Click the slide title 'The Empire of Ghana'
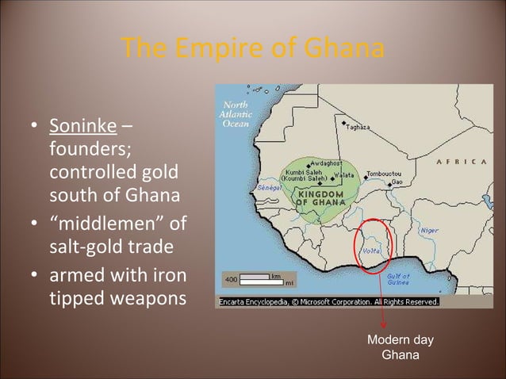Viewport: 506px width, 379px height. [253, 50]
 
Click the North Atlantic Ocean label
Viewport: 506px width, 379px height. [236, 114]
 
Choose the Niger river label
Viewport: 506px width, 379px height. [429, 230]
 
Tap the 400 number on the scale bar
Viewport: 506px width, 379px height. [230, 280]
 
